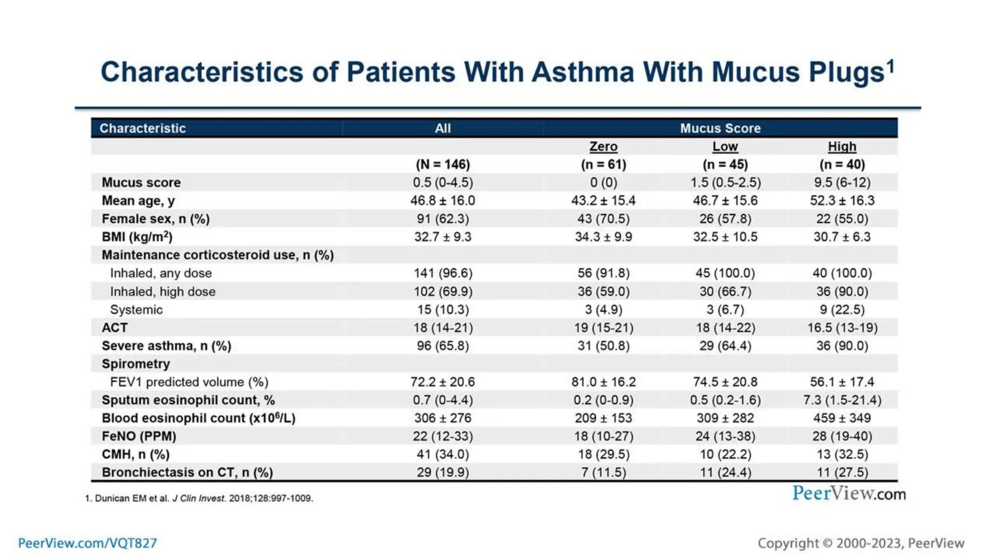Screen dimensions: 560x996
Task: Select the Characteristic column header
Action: (x=142, y=128)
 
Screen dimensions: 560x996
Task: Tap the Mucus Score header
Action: (x=720, y=128)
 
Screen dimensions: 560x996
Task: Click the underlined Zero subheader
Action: (x=603, y=146)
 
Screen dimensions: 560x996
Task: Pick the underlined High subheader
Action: (x=842, y=146)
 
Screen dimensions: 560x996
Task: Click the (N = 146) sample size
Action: (x=443, y=164)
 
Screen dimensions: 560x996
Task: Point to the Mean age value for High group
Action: (x=842, y=201)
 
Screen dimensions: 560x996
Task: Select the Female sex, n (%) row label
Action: (x=156, y=219)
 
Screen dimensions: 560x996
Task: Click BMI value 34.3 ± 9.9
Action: (x=603, y=237)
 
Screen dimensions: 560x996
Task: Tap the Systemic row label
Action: (x=136, y=310)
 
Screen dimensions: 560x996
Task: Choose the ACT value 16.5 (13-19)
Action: (x=842, y=328)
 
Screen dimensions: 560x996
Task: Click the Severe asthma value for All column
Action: (x=443, y=346)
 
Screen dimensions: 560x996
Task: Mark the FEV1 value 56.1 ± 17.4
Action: (x=842, y=382)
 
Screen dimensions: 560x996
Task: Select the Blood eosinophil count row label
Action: (x=198, y=419)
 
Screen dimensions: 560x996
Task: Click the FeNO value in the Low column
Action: (x=725, y=437)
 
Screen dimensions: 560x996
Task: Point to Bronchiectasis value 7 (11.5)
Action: (x=603, y=472)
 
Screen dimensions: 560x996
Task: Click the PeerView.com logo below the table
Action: (x=849, y=494)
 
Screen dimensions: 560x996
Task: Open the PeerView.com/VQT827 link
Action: (x=88, y=543)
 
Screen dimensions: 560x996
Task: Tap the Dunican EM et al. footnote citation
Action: (x=199, y=498)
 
